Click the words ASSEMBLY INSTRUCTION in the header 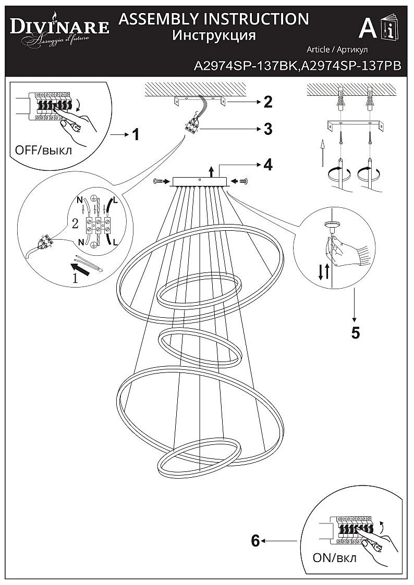(x=214, y=19)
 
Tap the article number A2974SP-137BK (x=245, y=66)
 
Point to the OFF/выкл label (x=44, y=150)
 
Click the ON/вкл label (x=335, y=558)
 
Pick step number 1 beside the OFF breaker (x=135, y=135)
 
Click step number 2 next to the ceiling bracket (x=267, y=102)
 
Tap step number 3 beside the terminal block (x=267, y=129)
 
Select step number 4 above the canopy (x=267, y=165)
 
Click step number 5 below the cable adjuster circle (x=355, y=333)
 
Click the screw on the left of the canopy (x=159, y=181)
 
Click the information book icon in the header (x=389, y=28)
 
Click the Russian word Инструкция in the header (x=214, y=35)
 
